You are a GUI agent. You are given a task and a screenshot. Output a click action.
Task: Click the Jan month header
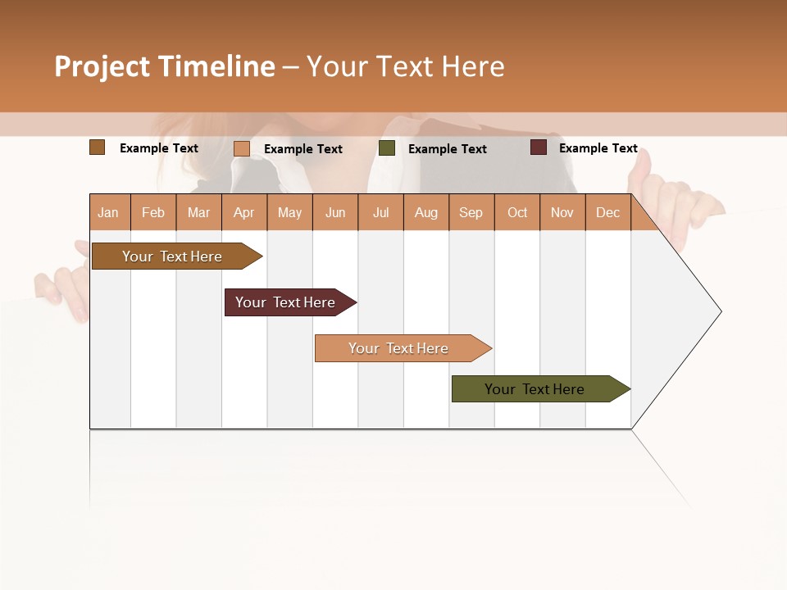pos(108,212)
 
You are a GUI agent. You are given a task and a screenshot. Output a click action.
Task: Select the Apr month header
pos(244,212)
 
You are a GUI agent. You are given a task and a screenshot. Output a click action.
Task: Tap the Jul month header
pos(380,212)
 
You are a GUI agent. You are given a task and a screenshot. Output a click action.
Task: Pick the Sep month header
pos(471,212)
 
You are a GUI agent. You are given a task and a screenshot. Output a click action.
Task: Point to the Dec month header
pos(607,212)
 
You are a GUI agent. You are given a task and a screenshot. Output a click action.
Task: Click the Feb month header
pos(153,212)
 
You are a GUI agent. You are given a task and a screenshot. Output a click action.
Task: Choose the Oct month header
pos(517,212)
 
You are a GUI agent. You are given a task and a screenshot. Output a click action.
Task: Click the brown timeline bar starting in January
pos(172,256)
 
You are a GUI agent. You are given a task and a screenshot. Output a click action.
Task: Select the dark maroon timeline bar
pos(285,302)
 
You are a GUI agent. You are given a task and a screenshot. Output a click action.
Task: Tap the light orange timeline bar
pos(398,348)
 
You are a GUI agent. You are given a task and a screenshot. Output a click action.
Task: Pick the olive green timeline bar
pos(535,389)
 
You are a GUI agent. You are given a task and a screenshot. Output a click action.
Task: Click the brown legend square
pos(98,147)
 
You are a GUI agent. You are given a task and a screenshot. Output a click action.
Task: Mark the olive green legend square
pos(387,148)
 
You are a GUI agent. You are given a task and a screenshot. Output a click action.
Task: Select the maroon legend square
pos(539,147)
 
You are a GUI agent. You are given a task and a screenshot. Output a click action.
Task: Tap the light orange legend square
pos(242,148)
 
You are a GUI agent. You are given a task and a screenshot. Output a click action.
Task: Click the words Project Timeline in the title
pos(164,66)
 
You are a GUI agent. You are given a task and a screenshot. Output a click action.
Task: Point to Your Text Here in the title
pos(405,66)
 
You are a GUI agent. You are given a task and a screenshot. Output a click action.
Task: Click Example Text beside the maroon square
pos(598,148)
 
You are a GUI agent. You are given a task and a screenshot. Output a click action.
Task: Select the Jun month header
pos(335,212)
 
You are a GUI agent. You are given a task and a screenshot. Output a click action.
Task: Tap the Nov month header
pos(562,212)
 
